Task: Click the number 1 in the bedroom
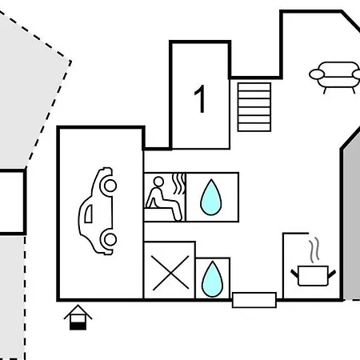tap(200, 99)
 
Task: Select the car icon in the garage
tap(98, 211)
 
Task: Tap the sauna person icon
tap(164, 198)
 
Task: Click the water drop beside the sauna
tap(211, 197)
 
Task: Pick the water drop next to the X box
tap(213, 279)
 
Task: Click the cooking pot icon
tap(313, 276)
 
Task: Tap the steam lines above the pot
tap(314, 249)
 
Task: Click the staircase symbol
tap(254, 107)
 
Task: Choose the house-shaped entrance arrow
tap(78, 318)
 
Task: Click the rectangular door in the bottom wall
tap(254, 300)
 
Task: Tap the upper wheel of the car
tap(110, 186)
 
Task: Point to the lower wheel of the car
tap(110, 239)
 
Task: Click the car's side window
tap(89, 214)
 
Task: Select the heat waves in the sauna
tap(179, 184)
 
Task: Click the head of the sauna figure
tap(158, 182)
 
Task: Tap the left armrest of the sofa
tap(317, 74)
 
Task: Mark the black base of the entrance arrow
tap(78, 326)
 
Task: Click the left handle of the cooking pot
tap(294, 274)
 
